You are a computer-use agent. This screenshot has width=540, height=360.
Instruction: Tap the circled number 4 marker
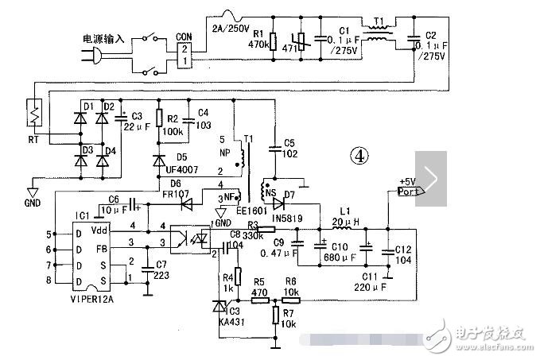click(x=360, y=157)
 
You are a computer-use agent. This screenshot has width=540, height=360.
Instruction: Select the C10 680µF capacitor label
click(x=335, y=254)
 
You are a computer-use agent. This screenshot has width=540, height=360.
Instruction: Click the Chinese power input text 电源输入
click(x=103, y=37)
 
